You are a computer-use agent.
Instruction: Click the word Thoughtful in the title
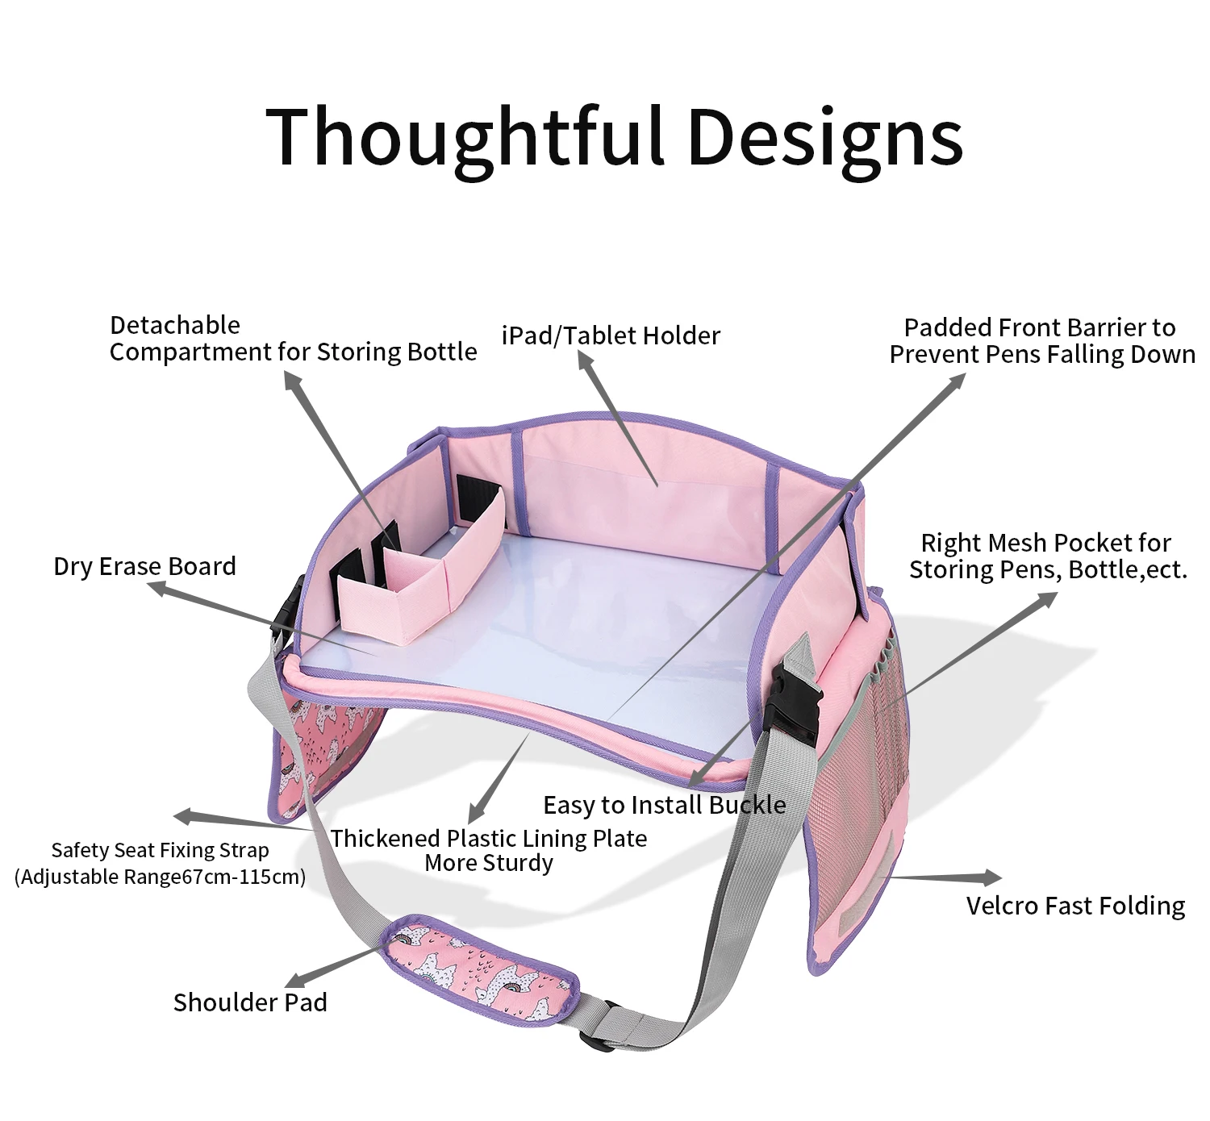[465, 137]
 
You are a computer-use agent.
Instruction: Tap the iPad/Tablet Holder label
[611, 335]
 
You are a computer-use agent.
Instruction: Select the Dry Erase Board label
[144, 566]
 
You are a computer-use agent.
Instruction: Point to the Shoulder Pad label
[250, 1002]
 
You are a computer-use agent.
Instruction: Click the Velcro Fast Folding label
[1075, 906]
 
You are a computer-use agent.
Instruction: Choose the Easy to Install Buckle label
[664, 805]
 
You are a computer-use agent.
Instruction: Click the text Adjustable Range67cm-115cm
[161, 877]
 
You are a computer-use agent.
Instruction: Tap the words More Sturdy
[489, 863]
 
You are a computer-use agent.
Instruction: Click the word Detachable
[175, 325]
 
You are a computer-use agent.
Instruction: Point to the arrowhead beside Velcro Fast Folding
[991, 877]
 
